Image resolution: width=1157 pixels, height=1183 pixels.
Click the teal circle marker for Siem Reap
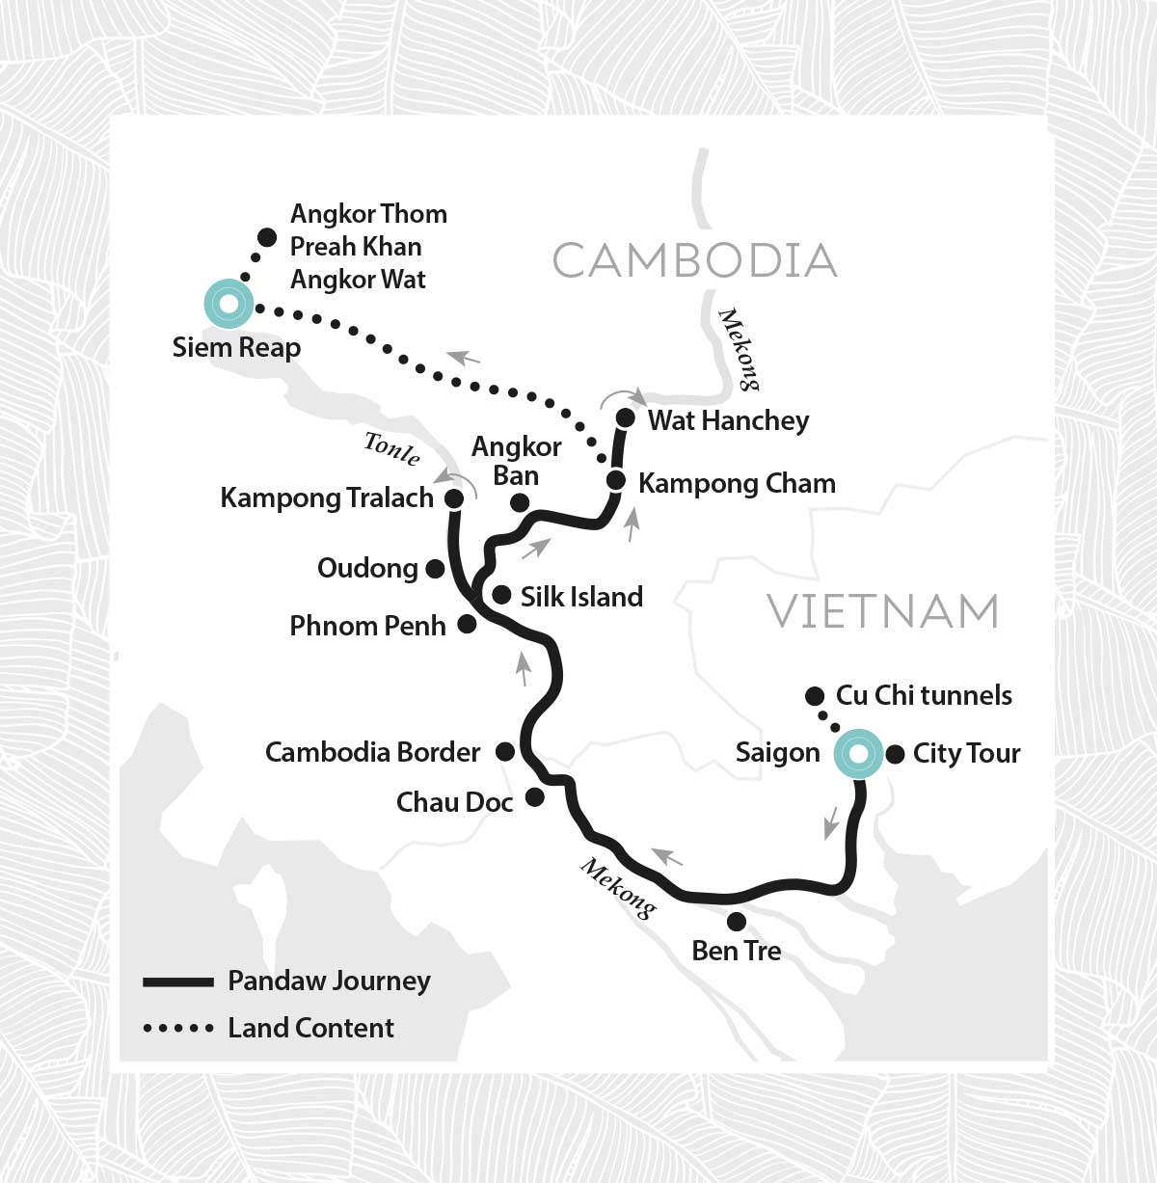click(x=229, y=304)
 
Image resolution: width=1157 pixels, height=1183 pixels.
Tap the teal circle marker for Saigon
click(x=858, y=753)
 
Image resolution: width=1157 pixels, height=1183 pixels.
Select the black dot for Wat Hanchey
click(x=625, y=417)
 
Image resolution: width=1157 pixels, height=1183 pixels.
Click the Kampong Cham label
click(x=737, y=483)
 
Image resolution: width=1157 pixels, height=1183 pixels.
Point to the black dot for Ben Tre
click(x=737, y=922)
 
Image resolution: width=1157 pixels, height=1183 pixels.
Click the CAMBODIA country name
click(x=694, y=261)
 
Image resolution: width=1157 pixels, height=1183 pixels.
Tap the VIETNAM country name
click(x=882, y=611)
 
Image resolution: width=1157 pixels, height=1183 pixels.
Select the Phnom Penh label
click(x=367, y=626)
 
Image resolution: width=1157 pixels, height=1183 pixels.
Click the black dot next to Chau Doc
click(x=534, y=797)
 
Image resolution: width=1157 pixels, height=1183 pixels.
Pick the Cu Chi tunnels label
click(x=924, y=695)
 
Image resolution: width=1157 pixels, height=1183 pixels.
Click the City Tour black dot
click(x=895, y=754)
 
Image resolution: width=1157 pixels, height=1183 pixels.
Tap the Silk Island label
click(x=581, y=597)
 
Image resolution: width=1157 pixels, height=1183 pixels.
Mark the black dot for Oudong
click(x=435, y=569)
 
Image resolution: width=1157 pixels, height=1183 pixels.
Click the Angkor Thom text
click(x=368, y=214)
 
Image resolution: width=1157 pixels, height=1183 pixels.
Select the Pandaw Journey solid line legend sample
click(x=178, y=981)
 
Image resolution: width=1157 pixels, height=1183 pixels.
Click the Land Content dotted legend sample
click(x=178, y=1029)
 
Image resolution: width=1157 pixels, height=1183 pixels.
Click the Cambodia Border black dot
click(x=504, y=751)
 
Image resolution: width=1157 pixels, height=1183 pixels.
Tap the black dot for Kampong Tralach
click(x=453, y=498)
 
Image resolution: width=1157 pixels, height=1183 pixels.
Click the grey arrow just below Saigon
click(x=829, y=822)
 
